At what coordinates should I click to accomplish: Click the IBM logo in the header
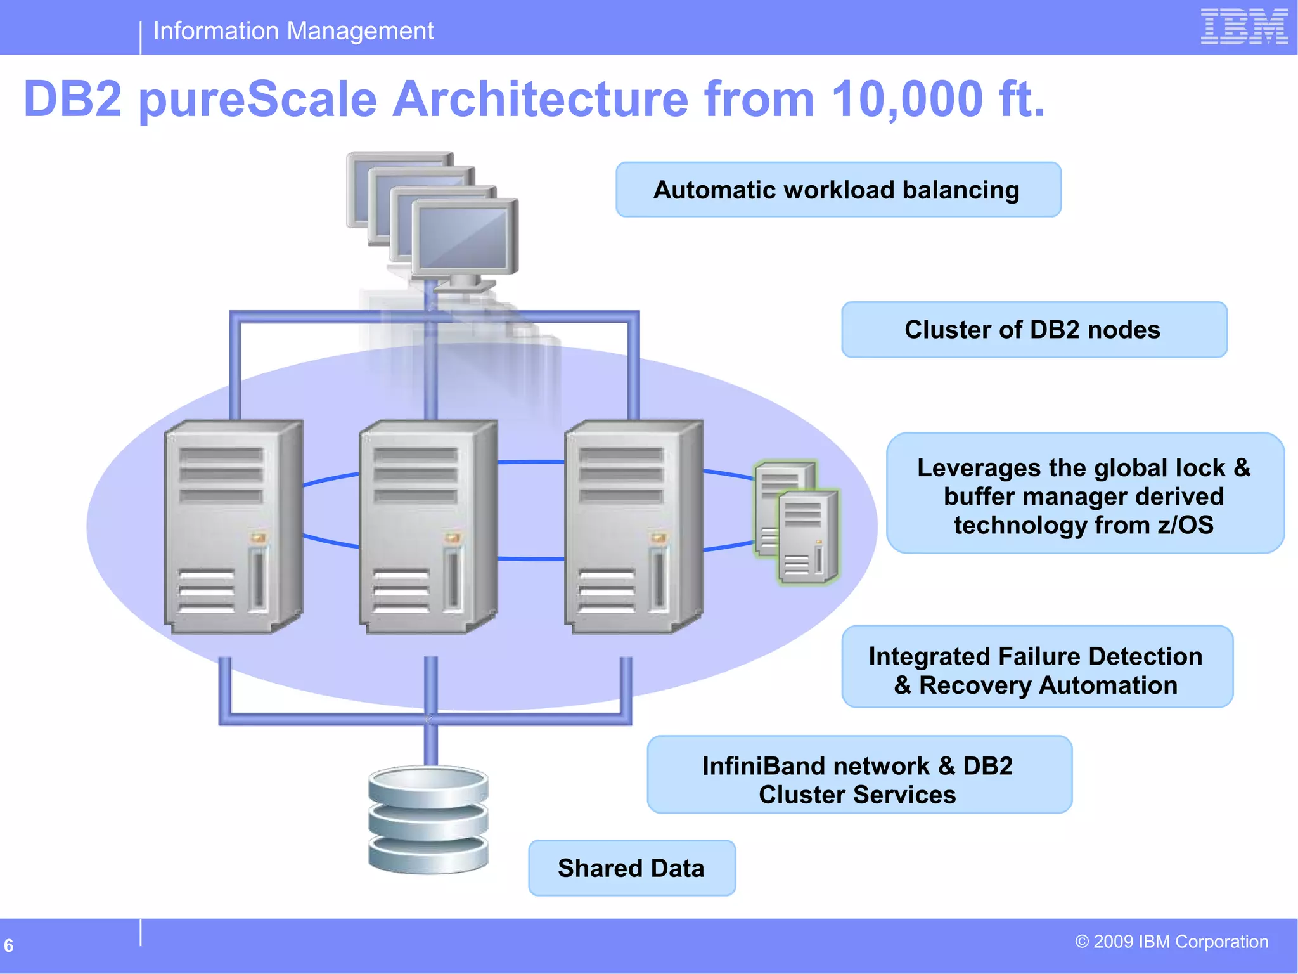[x=1243, y=27]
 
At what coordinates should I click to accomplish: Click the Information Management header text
[x=293, y=30]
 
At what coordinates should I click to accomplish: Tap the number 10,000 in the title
[x=907, y=100]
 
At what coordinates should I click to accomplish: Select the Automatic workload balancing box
[x=838, y=190]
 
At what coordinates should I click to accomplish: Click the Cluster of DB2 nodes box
[x=1034, y=330]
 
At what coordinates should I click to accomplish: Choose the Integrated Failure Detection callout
[x=1037, y=667]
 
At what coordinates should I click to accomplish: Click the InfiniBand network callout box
[x=859, y=774]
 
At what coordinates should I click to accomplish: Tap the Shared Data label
[x=631, y=868]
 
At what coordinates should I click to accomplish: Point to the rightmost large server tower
[x=633, y=526]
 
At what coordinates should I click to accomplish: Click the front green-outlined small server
[x=807, y=536]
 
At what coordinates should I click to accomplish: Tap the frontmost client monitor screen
[x=465, y=238]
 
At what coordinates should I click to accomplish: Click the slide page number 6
[x=9, y=945]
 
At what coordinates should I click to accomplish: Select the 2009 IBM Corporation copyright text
[x=1171, y=942]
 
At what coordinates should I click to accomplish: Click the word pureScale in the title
[x=257, y=100]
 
